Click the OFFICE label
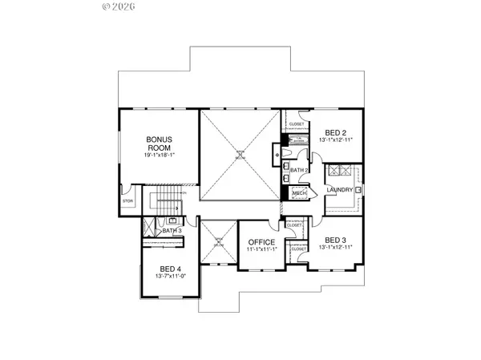tap(261, 242)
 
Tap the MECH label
tap(300, 193)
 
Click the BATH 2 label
tap(298, 170)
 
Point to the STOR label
tap(127, 201)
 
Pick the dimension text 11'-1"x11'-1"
tap(261, 251)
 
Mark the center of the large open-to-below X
tap(238, 156)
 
